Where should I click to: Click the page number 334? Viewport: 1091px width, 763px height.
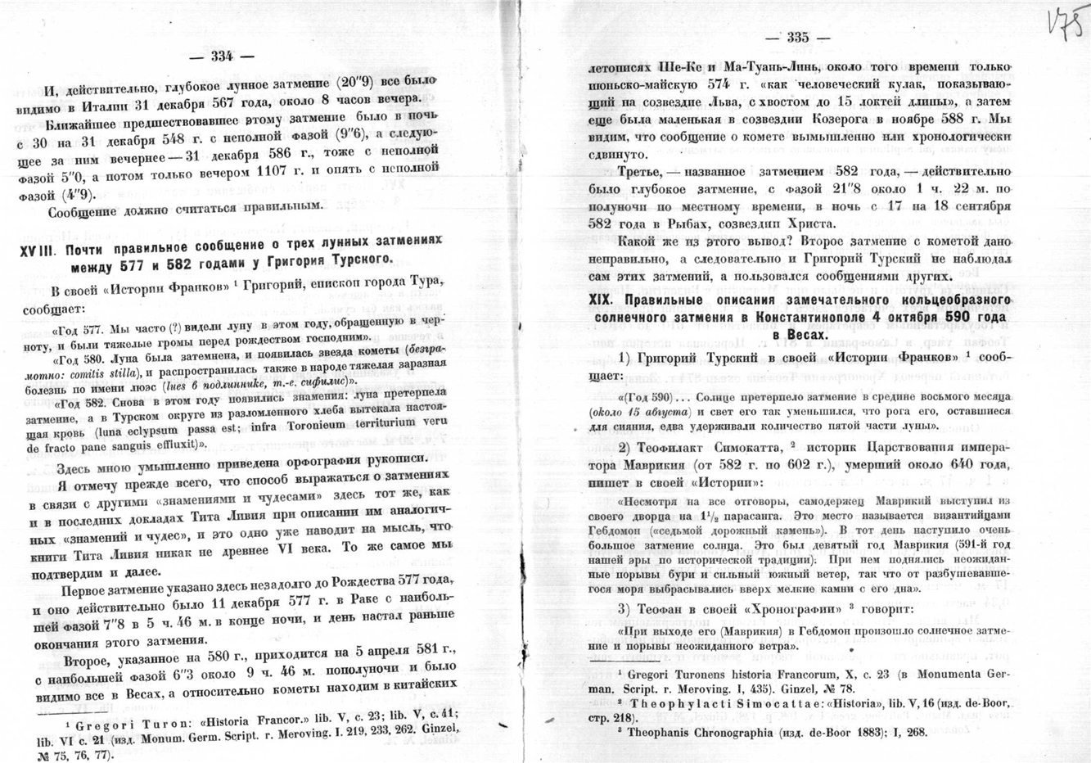pyautogui.click(x=223, y=56)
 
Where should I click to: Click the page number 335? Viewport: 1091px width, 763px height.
pyautogui.click(x=796, y=38)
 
